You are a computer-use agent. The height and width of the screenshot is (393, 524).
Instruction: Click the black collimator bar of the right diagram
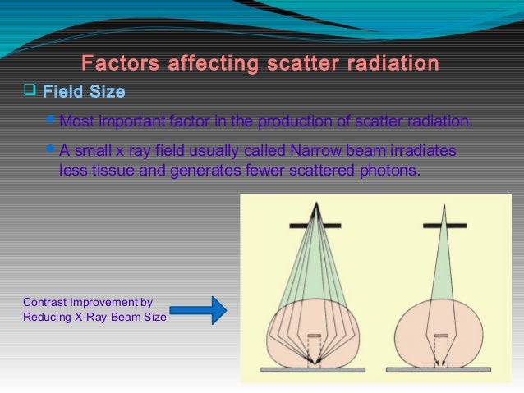pos(443,225)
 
